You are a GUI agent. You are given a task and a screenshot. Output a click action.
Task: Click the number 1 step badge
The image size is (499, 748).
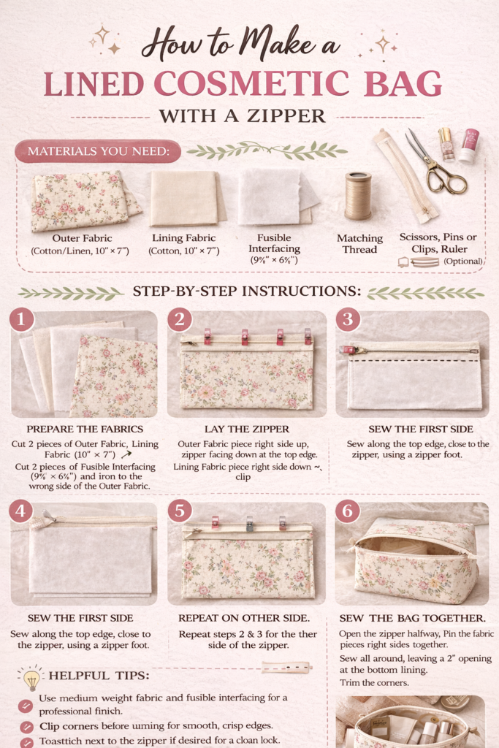(22, 321)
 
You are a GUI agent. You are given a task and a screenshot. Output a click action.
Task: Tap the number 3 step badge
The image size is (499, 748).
(348, 321)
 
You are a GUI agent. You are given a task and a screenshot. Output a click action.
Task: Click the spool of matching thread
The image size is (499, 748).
(358, 196)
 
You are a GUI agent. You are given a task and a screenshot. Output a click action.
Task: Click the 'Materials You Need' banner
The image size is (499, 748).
(97, 151)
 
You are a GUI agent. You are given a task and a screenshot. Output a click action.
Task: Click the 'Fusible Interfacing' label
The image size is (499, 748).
(274, 243)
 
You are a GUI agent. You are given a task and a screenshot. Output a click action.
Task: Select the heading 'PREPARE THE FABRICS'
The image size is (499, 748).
(85, 429)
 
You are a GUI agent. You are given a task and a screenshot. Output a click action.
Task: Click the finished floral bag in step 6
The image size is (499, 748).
(413, 560)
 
